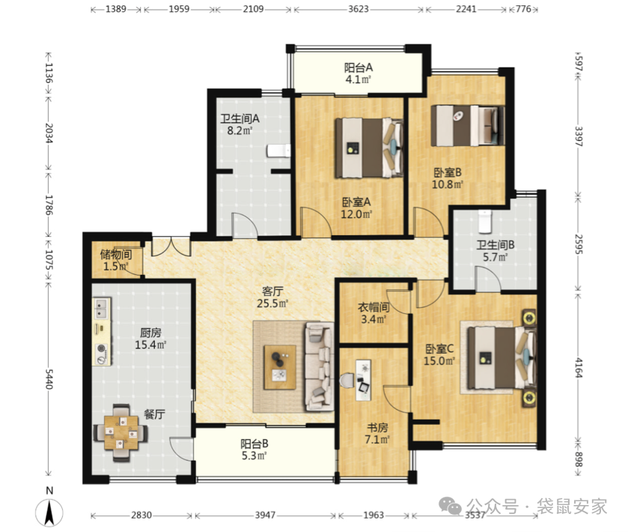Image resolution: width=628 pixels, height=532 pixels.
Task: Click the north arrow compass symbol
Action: (49, 513)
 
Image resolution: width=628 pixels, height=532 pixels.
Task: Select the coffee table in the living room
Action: (280, 367)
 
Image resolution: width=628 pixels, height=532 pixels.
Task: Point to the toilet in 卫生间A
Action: (278, 151)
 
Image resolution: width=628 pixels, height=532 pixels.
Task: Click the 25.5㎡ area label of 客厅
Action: (272, 303)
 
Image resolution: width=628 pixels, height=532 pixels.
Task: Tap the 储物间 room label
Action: (116, 254)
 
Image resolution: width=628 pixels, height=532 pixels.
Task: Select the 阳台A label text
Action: (358, 67)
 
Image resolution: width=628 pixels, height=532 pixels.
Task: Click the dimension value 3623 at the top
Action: (358, 9)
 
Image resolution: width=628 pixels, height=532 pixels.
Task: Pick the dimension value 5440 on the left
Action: (49, 378)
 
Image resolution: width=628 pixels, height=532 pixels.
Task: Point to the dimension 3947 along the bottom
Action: (265, 515)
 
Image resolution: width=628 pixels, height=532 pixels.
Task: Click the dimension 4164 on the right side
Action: (579, 368)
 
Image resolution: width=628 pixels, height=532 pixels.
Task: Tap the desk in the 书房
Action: (363, 380)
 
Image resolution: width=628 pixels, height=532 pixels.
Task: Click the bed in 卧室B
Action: (467, 125)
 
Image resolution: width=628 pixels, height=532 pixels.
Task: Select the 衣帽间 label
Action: (374, 307)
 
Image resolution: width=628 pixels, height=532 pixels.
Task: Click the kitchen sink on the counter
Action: (101, 308)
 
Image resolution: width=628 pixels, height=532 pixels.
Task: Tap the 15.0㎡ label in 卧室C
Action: (439, 361)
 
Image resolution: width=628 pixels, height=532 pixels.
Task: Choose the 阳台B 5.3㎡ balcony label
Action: (254, 450)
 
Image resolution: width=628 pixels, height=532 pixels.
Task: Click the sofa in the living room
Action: (319, 367)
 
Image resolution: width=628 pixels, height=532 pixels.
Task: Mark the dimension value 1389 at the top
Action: (116, 9)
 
